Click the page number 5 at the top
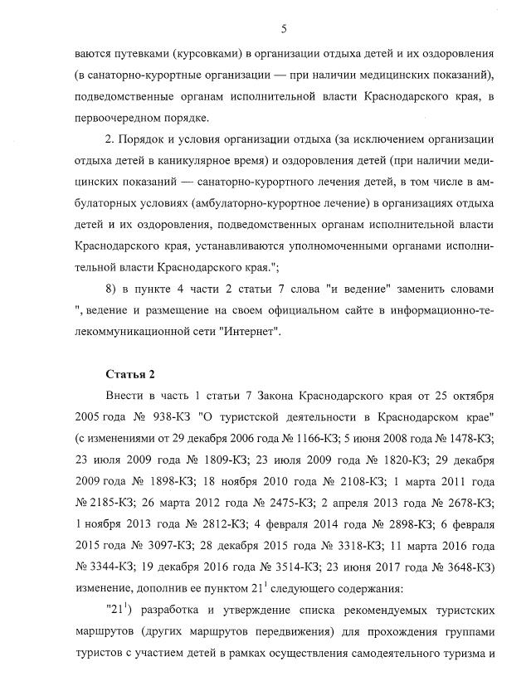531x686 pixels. (x=284, y=29)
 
